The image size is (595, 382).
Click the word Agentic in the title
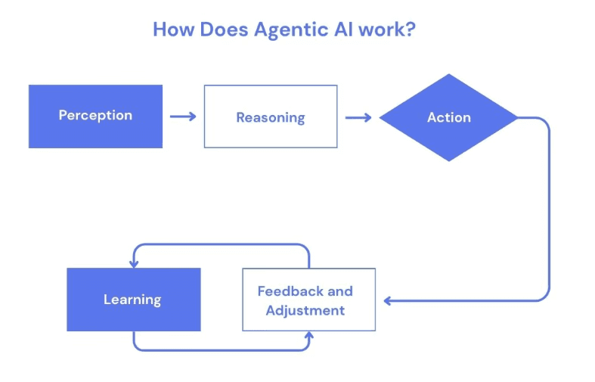click(x=291, y=30)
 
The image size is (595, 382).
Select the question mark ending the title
click(x=411, y=30)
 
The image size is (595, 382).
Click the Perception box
click(x=95, y=116)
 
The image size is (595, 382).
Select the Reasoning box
click(x=270, y=116)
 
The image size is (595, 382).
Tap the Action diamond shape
click(x=448, y=117)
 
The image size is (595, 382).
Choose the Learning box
click(x=133, y=300)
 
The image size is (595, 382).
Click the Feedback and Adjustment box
click(x=308, y=300)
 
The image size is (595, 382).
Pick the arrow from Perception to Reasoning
click(x=183, y=116)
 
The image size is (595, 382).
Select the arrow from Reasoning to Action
click(x=358, y=117)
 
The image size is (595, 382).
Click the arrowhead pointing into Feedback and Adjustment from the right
click(x=388, y=300)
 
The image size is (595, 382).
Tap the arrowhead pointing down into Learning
click(x=134, y=263)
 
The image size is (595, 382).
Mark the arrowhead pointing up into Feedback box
click(x=308, y=335)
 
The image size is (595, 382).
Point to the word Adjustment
click(x=305, y=310)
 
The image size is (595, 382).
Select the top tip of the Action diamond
click(x=449, y=76)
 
